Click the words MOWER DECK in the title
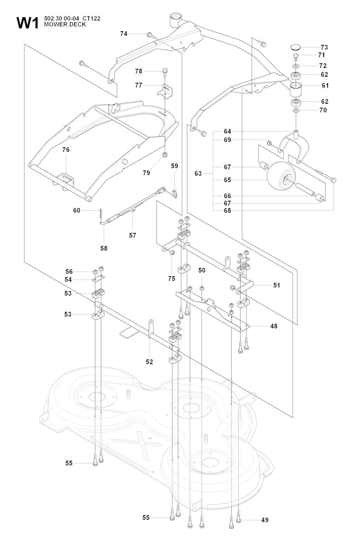(65, 24)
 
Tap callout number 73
(324, 47)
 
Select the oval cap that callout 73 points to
(298, 47)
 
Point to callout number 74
(124, 34)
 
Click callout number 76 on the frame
(66, 149)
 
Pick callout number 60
(77, 210)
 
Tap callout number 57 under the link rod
(133, 235)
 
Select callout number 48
(274, 326)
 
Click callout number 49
(265, 520)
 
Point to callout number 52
(149, 362)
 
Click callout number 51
(277, 285)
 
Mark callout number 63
(198, 173)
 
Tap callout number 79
(146, 173)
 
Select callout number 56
(69, 272)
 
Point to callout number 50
(202, 270)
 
